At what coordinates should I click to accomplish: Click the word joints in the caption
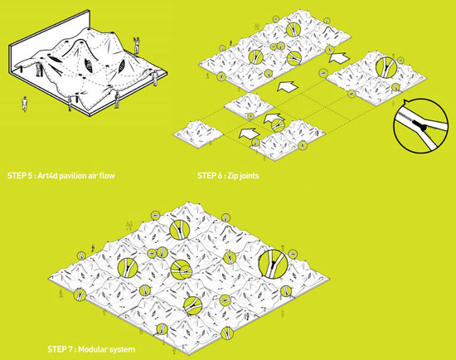[x=250, y=176]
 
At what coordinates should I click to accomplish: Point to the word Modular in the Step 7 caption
[x=93, y=349]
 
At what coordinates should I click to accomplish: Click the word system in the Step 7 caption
[x=122, y=349]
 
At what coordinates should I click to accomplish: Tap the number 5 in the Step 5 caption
[x=31, y=176]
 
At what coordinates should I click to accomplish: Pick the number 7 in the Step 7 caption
[x=70, y=349]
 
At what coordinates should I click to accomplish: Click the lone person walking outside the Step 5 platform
[x=25, y=104]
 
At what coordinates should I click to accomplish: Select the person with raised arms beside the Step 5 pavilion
[x=136, y=45]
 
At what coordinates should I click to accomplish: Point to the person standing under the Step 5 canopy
[x=39, y=68]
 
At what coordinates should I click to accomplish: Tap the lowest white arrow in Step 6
[x=249, y=133]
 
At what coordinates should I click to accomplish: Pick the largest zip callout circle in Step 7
[x=273, y=265]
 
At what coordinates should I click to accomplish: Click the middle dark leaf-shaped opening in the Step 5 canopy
[x=90, y=66]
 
